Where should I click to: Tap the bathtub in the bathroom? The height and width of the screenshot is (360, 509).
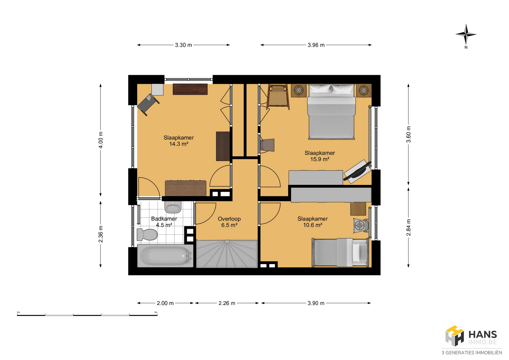(x=165, y=256)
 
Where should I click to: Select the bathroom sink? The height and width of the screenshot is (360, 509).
(x=173, y=207)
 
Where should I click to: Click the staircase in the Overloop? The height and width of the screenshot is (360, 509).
(x=227, y=254)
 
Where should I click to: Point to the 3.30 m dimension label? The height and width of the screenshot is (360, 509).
(x=183, y=45)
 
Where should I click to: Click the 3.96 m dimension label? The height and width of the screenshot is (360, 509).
(x=316, y=45)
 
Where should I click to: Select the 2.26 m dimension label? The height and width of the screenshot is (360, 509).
(x=227, y=303)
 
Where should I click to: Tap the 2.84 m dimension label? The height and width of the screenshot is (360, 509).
(x=409, y=227)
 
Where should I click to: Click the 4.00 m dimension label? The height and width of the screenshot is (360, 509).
(x=101, y=140)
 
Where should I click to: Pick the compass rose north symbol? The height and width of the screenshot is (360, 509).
(x=466, y=34)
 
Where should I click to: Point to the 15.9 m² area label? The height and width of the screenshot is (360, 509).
(x=320, y=159)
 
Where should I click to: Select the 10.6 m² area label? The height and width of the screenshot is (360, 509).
(x=313, y=225)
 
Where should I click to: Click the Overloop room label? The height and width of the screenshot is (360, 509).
(x=229, y=219)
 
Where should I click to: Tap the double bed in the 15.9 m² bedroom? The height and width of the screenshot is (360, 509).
(x=331, y=112)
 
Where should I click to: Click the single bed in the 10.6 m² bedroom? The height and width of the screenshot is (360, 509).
(x=340, y=252)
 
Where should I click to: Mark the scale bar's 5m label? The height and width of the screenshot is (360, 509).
(x=156, y=312)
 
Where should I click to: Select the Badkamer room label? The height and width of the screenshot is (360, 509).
(x=164, y=219)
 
